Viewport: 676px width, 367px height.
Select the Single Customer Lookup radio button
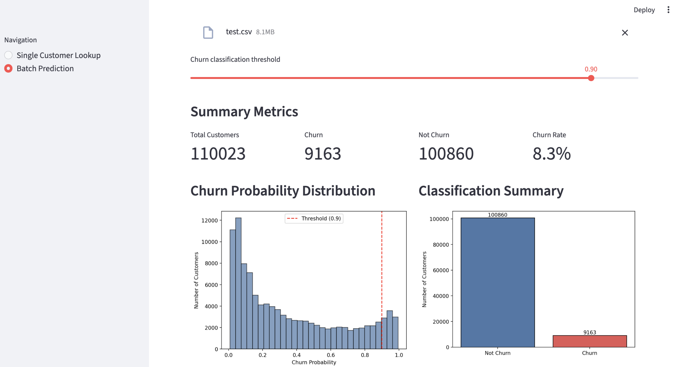point(8,55)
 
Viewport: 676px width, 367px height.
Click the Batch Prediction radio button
point(8,68)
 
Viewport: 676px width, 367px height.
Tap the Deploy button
point(644,10)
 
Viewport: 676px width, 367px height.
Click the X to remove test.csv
point(625,32)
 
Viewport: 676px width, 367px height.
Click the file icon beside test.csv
point(208,32)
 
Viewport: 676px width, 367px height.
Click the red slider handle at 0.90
point(591,78)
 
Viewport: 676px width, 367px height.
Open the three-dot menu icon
point(668,10)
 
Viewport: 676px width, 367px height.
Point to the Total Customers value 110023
point(218,154)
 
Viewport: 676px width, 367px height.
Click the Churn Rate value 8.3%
point(551,154)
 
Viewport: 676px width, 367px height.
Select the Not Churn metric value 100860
point(446,154)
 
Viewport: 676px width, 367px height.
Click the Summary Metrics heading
point(244,111)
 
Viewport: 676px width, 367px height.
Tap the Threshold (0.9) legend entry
point(314,218)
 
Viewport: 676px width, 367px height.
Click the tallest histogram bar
point(238,283)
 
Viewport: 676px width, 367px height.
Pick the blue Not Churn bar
point(497,282)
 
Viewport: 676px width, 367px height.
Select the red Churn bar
point(589,341)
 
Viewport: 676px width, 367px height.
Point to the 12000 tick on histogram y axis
point(210,220)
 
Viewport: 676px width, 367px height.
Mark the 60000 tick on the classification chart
point(441,270)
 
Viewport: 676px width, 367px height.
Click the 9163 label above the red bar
point(589,332)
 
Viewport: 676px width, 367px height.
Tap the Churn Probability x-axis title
point(314,362)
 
